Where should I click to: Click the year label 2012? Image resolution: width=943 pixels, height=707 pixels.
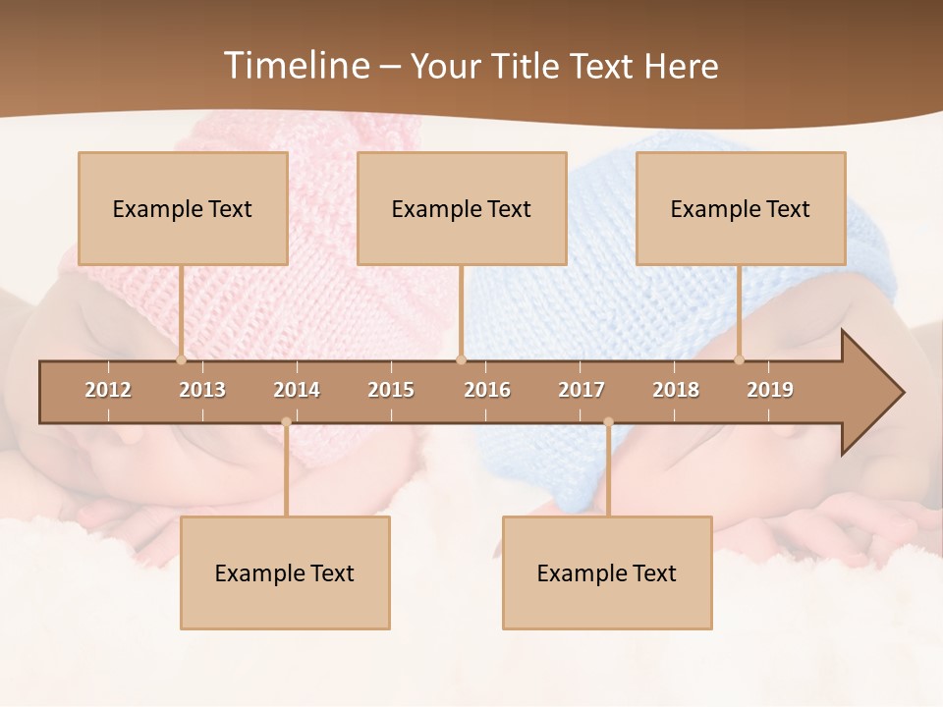tap(108, 390)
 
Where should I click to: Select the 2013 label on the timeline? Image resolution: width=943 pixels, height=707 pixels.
tap(202, 390)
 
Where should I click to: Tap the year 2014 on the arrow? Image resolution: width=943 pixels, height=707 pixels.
tap(297, 390)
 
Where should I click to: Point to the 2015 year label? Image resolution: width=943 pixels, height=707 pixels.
tap(391, 390)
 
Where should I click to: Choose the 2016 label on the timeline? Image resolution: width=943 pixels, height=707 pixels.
tap(487, 390)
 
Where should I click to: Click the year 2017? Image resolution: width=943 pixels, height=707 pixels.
tap(582, 390)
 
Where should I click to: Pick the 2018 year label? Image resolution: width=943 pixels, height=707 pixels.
tap(676, 390)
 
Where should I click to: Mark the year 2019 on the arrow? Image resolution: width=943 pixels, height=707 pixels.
tap(770, 390)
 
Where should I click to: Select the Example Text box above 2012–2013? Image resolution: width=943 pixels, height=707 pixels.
tap(183, 208)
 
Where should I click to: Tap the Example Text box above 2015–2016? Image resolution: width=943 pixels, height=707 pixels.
tap(462, 208)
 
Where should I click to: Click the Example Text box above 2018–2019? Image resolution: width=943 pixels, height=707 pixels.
tap(741, 208)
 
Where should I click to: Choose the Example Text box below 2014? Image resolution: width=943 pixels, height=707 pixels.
tap(285, 572)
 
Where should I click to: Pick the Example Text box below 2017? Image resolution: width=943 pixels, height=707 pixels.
tap(607, 572)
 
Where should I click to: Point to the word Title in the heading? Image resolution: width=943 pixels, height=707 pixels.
tap(528, 66)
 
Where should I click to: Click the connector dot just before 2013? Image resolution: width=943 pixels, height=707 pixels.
tap(181, 359)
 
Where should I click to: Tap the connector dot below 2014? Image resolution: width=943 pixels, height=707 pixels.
tap(286, 422)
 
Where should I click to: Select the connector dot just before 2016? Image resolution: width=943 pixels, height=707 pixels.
tap(461, 359)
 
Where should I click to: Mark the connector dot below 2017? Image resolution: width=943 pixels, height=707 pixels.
tap(608, 422)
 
